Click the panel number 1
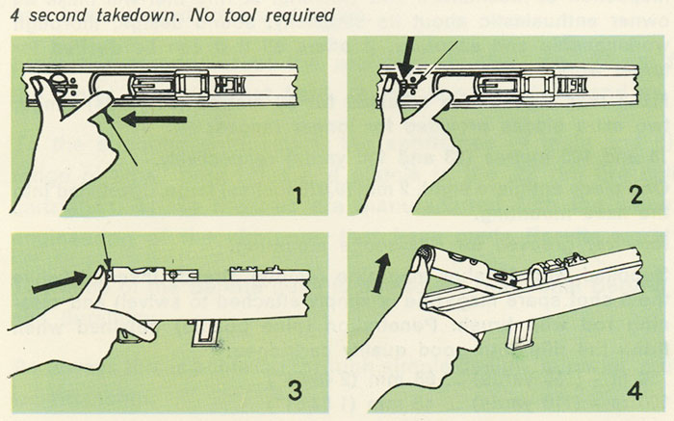pos(302,198)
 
